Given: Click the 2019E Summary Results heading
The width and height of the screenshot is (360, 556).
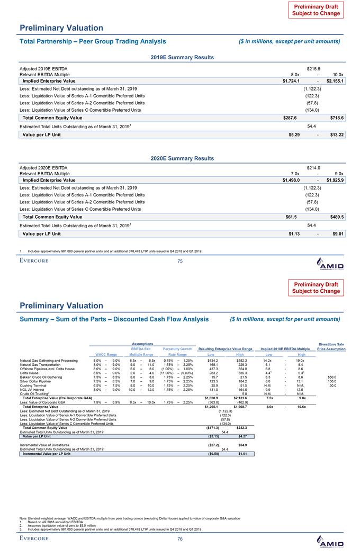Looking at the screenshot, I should click(x=179, y=57).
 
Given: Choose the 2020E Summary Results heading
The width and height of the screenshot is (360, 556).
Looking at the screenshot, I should click(x=179, y=158).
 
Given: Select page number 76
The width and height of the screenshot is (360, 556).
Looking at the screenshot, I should click(x=179, y=539).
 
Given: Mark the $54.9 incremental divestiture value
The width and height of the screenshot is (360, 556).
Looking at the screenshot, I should click(x=244, y=431).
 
